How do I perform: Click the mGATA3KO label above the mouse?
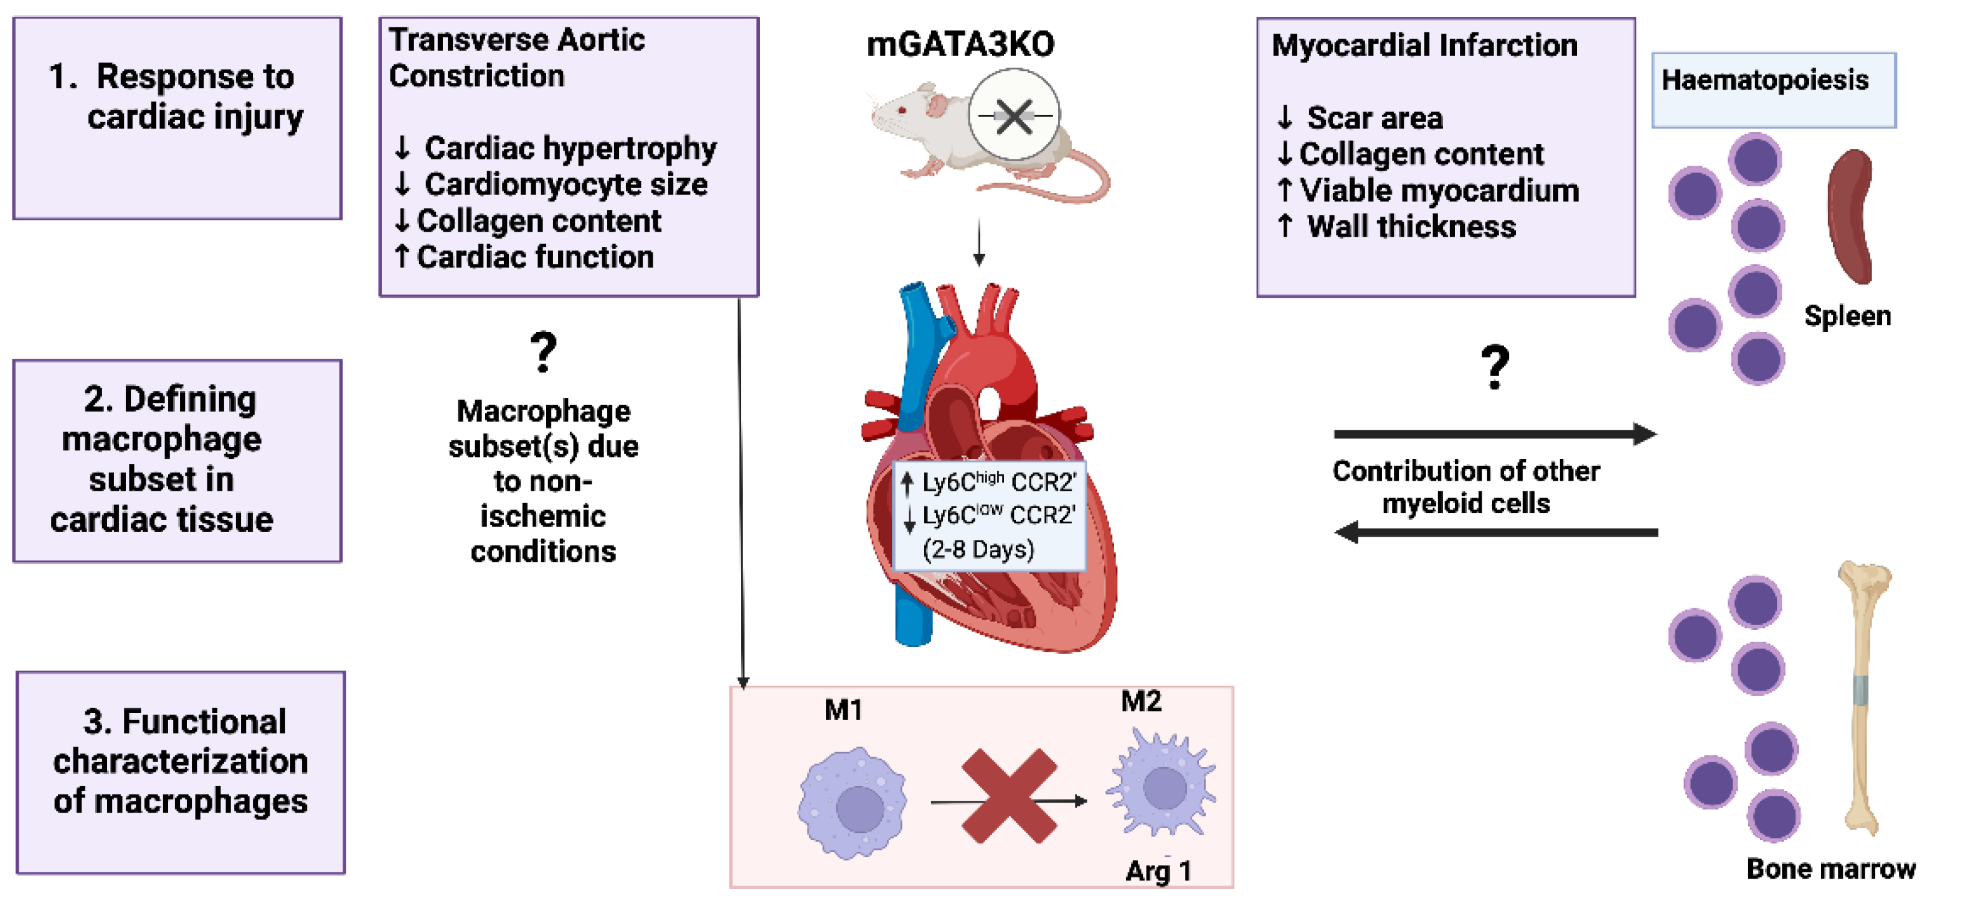pos(960,44)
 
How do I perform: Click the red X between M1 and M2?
pos(1009,796)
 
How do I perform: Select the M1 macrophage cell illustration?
pos(853,802)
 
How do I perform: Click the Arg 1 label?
pos(1158,871)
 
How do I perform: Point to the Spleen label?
pos(1847,316)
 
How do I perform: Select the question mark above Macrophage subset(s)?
pos(543,352)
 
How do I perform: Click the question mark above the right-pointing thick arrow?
pos(1494,367)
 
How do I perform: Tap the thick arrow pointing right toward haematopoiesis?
pos(1494,434)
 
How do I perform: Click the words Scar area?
pos(1374,118)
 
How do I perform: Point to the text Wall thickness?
pos(1411,227)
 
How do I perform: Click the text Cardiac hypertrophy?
pos(570,148)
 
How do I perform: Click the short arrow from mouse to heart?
pos(979,242)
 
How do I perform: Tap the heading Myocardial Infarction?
pos(1424,45)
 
